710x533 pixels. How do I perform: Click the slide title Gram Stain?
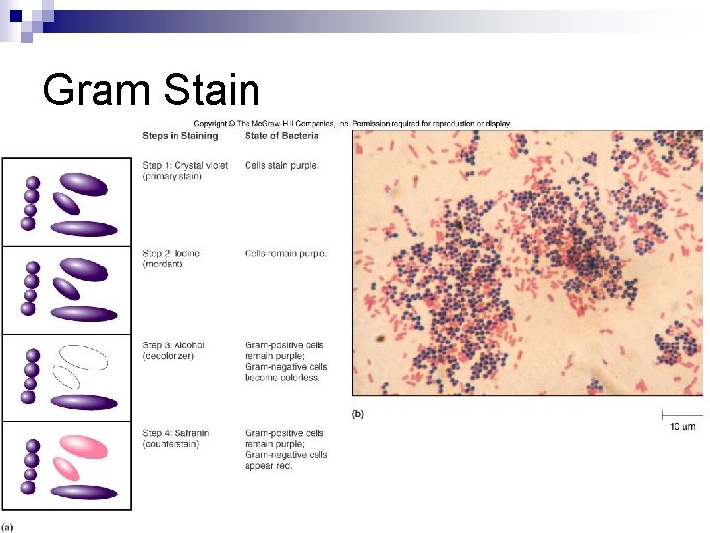coord(151,91)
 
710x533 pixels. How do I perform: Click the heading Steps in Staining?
coord(180,135)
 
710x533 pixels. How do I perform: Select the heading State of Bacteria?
coord(281,135)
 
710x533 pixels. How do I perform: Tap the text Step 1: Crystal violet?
coord(185,165)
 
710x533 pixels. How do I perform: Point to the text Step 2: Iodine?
coord(172,253)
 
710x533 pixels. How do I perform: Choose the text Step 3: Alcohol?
coord(174,345)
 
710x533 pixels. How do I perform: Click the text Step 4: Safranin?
coord(177,433)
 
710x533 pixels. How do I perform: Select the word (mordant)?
coord(163,265)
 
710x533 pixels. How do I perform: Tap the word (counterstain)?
coord(171,444)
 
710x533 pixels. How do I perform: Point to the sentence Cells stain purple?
coord(281,165)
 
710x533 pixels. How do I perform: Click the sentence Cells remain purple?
coord(285,253)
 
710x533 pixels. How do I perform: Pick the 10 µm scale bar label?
coord(682,427)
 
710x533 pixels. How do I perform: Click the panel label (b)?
coord(357,414)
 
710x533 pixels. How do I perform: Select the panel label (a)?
coord(7,525)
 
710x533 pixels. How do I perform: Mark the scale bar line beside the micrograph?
coord(681,414)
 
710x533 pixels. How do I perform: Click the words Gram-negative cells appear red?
coord(286,460)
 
